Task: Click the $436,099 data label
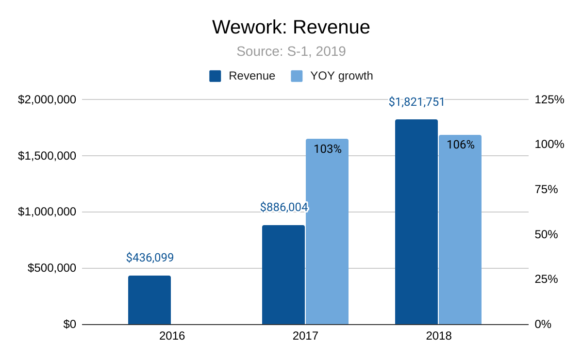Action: point(150,258)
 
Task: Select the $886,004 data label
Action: point(284,207)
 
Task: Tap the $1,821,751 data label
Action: point(416,102)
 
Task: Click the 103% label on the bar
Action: point(328,149)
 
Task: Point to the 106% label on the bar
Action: point(461,145)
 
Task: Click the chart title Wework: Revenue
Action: point(291,27)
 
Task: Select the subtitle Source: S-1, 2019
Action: point(291,51)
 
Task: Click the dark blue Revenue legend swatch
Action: point(215,76)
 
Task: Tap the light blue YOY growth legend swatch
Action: point(297,76)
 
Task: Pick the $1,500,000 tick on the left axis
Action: point(47,156)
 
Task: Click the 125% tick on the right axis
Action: point(549,100)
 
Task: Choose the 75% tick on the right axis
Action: point(546,190)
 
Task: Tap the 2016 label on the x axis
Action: point(172,336)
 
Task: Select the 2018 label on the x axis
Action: point(438,336)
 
